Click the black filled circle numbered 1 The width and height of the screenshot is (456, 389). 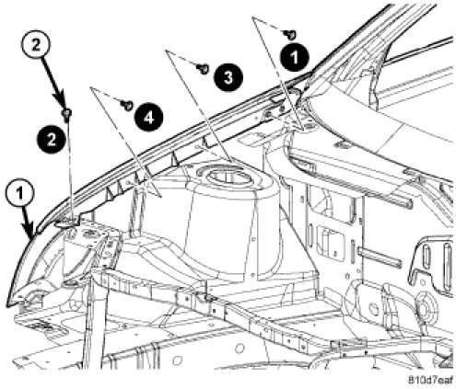point(294,57)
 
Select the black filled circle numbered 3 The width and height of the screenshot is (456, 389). point(228,76)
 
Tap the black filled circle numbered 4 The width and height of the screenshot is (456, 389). point(149,117)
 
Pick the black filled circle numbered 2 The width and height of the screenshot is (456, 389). point(52,139)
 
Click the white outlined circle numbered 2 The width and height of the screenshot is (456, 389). point(36,45)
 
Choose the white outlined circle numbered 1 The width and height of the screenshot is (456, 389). point(20,194)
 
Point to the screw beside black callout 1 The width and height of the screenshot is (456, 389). point(290,34)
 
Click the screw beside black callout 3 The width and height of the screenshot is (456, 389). point(203,69)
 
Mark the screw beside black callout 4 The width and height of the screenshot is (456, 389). point(127,106)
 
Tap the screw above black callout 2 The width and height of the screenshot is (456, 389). point(66,114)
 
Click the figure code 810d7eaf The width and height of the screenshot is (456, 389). point(430,380)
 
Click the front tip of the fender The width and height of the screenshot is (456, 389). point(7,305)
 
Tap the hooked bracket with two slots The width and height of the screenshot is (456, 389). point(429,263)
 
